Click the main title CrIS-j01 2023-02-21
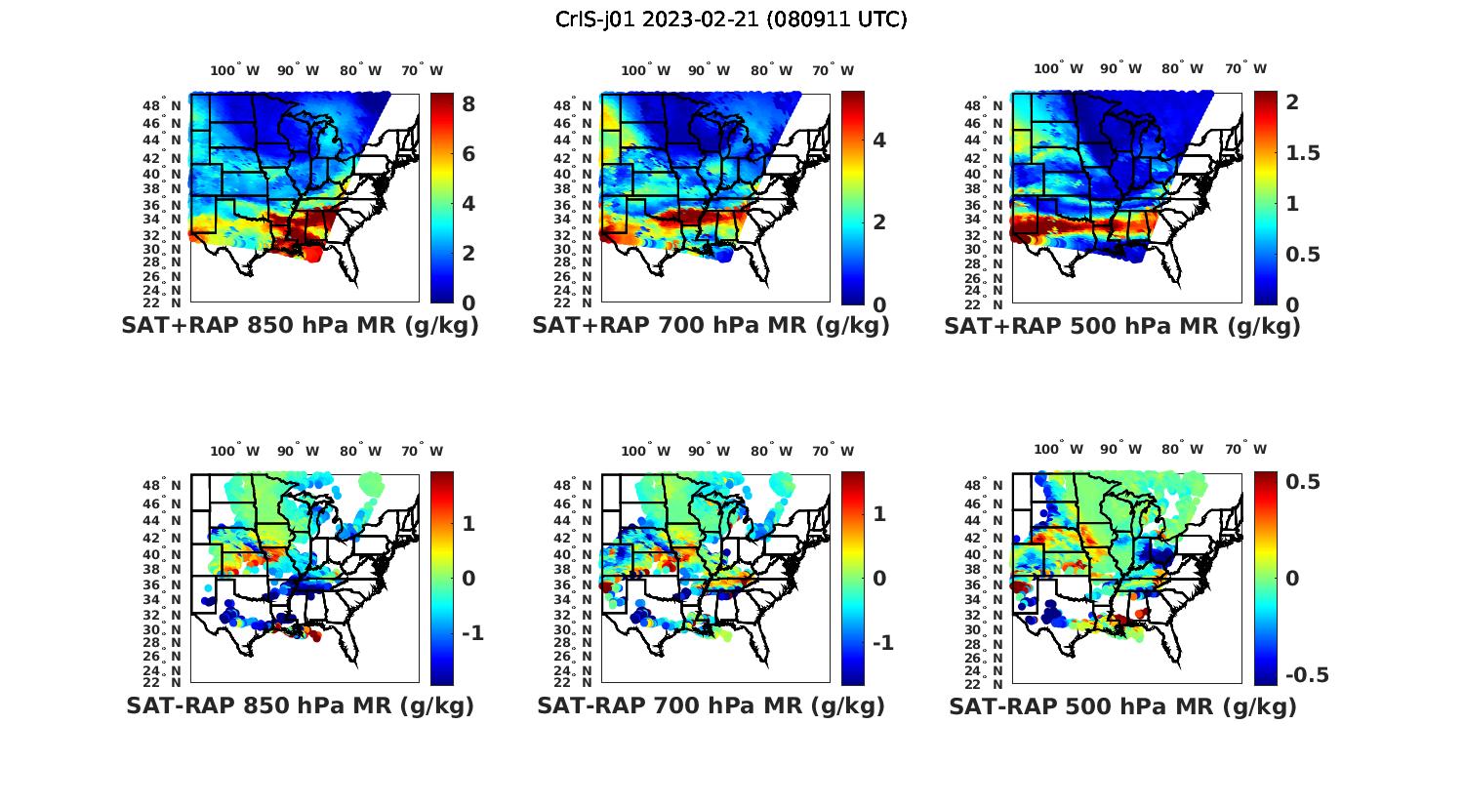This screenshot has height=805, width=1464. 731,20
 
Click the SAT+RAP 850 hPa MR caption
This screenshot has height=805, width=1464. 300,326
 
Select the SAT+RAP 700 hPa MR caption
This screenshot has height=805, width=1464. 711,326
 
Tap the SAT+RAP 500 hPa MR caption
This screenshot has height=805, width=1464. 1122,326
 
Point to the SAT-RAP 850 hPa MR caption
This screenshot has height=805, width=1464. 300,705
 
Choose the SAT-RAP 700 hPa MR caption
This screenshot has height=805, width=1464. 711,705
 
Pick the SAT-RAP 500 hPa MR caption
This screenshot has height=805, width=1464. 1122,705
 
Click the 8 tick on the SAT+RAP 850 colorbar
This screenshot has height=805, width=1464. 468,103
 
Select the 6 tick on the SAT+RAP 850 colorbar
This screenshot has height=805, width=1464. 468,154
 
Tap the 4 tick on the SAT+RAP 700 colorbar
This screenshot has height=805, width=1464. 879,141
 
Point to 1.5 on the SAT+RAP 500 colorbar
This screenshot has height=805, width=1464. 1303,153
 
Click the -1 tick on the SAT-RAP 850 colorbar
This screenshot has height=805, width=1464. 471,633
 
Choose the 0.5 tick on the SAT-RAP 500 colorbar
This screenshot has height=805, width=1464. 1303,482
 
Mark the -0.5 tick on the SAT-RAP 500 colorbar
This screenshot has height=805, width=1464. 1307,675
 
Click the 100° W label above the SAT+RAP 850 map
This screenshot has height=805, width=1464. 235,70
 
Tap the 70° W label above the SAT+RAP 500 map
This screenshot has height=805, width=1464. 1246,69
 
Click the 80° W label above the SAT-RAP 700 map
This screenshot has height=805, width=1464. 772,451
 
